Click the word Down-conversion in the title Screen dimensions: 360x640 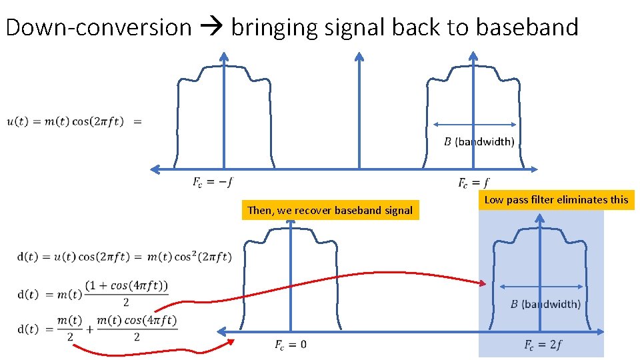click(x=99, y=27)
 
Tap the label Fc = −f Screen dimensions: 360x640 click(x=212, y=182)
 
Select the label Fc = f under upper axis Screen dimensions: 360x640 click(x=474, y=183)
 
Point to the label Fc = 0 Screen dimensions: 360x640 click(x=291, y=345)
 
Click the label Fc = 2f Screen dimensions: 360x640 click(x=543, y=345)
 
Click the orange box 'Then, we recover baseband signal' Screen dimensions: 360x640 click(x=330, y=211)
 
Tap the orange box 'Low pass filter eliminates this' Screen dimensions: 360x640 click(x=556, y=199)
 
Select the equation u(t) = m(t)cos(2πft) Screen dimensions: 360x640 click(x=65, y=121)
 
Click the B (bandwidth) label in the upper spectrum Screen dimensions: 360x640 click(x=479, y=141)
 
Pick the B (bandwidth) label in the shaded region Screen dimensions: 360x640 click(x=545, y=304)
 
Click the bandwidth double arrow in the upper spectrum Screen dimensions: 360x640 click(x=475, y=124)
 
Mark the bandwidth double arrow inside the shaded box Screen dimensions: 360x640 click(x=541, y=287)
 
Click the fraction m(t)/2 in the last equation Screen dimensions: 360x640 click(x=69, y=329)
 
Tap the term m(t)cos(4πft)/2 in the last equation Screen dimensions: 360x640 click(x=137, y=329)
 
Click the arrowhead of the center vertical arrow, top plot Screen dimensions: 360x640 click(x=359, y=57)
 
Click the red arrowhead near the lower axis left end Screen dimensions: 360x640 click(x=230, y=341)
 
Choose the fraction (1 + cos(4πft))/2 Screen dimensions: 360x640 click(x=127, y=294)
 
